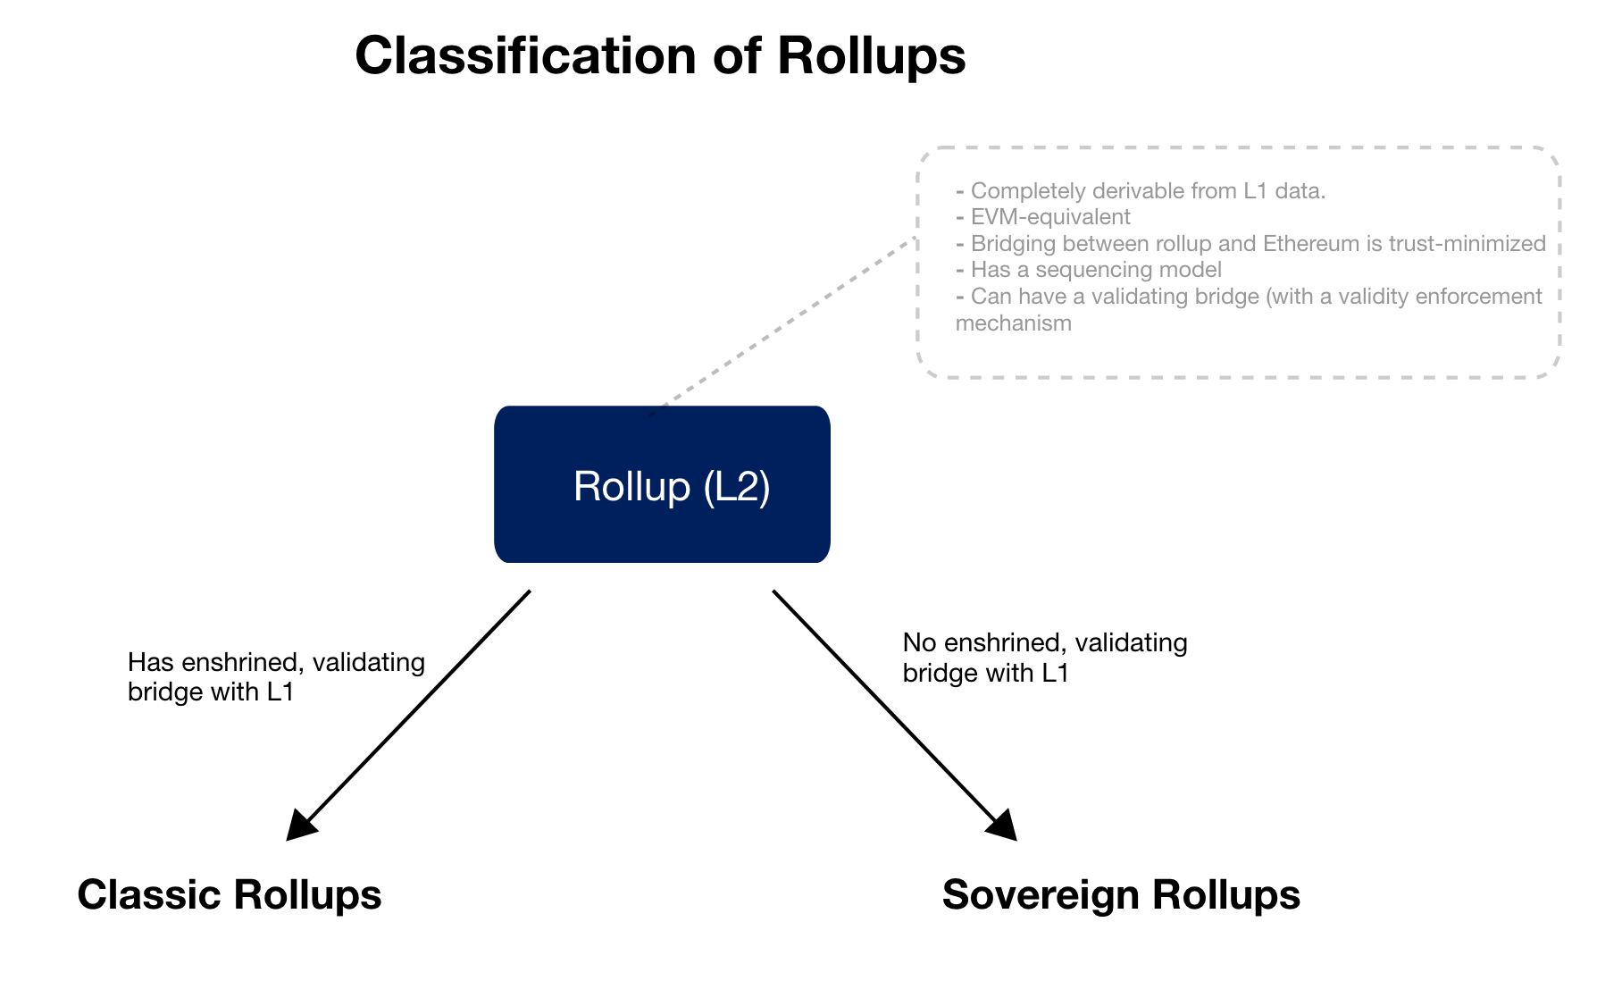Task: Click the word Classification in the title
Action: (x=525, y=55)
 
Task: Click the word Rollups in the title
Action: (x=871, y=55)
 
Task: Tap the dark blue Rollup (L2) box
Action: (x=662, y=484)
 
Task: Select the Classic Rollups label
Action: (x=230, y=894)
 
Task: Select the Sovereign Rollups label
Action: (x=1121, y=894)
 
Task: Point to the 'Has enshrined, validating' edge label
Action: (x=276, y=662)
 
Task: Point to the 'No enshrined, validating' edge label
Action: (x=1045, y=642)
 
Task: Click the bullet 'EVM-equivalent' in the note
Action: (x=1049, y=217)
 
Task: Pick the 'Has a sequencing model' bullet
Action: (x=1095, y=270)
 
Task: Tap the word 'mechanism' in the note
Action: (x=1014, y=323)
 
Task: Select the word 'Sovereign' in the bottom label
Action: (x=1041, y=894)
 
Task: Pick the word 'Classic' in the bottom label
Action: (x=149, y=894)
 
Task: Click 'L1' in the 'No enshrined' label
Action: (x=1055, y=673)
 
